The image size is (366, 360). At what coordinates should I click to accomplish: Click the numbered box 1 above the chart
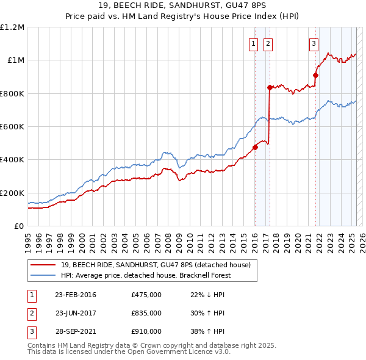click(x=253, y=43)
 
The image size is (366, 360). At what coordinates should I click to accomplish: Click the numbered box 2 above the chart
click(x=268, y=43)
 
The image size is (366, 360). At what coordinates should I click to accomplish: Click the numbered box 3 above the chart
click(x=314, y=43)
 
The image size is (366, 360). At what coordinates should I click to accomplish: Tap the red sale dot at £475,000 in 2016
click(x=256, y=147)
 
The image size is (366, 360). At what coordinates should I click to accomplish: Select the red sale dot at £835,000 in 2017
click(x=270, y=87)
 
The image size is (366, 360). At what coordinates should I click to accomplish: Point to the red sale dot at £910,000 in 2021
click(x=316, y=75)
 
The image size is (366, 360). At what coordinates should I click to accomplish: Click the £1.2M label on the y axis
click(x=12, y=27)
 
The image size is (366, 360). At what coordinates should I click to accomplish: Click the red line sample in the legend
click(x=43, y=265)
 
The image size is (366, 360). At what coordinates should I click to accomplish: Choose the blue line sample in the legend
click(x=43, y=275)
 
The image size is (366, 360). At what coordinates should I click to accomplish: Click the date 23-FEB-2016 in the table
click(x=76, y=295)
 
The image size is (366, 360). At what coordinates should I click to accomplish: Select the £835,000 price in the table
click(x=146, y=313)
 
